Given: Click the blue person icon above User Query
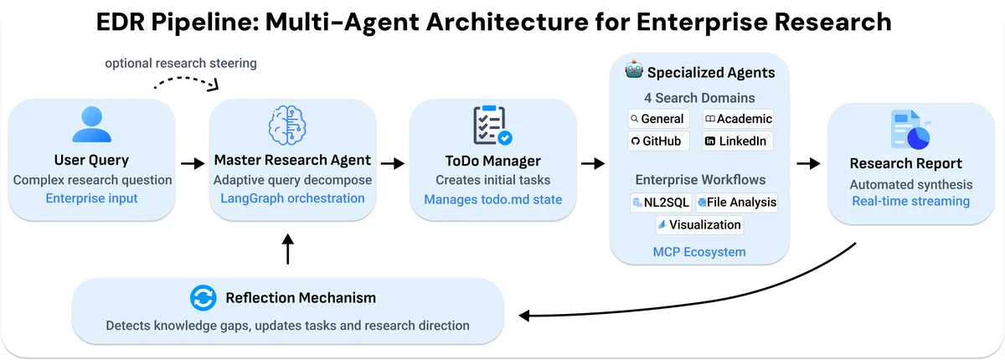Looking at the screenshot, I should tap(91, 125).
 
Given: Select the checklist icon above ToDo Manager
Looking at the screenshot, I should tap(492, 126).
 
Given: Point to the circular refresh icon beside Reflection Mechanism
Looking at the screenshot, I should tap(203, 297).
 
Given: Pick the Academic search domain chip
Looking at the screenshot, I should tap(738, 119).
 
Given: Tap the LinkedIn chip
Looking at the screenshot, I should tap(738, 141).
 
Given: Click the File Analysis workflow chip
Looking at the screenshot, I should tap(737, 202).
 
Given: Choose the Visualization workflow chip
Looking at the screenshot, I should tap(699, 224).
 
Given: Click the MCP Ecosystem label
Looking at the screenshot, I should tap(699, 251).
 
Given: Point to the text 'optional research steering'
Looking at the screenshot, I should tap(181, 63).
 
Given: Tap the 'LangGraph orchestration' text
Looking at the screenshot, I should tap(292, 198).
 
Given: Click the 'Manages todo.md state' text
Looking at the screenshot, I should tap(493, 199).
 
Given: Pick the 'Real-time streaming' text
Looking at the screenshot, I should tap(910, 201).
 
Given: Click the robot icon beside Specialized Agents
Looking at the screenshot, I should tap(633, 71).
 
